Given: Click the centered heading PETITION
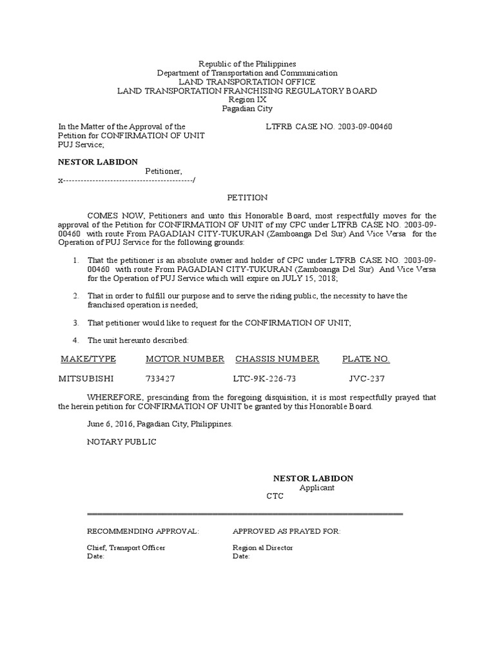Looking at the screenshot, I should coord(247,197).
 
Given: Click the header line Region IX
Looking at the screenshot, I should coord(247,100).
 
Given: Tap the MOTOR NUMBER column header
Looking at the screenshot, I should coord(185,359).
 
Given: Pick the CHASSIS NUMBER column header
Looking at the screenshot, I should coord(277,359).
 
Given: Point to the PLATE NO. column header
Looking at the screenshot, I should coord(365,359).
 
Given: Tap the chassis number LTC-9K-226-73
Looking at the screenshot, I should coord(265,379).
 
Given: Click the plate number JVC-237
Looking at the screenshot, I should coord(367,379).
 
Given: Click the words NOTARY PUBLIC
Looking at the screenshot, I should coord(121,442).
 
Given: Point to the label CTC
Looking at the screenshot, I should coord(275,497).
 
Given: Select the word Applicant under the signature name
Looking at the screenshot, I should coord(316,488).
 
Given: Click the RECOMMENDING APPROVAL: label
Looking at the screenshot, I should coord(143,531).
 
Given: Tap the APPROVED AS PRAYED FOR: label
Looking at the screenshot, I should coord(286,531).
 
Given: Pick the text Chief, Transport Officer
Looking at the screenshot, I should coord(126,548).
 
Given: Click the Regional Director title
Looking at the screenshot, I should coord(262,548).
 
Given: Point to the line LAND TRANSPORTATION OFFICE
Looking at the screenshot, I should coord(247,82).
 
